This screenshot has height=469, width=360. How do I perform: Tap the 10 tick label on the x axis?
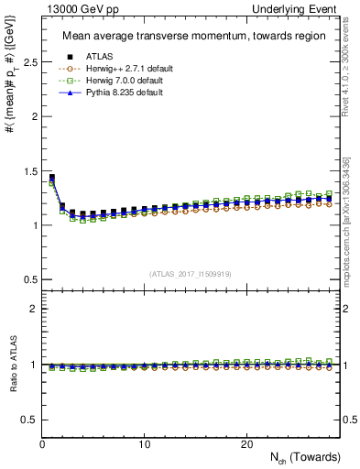tap(145, 443)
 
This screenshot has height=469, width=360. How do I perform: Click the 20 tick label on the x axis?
tap(246, 443)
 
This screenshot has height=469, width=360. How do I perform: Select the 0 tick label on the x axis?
tap(43, 443)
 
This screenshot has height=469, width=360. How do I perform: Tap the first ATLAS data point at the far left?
tap(52, 178)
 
